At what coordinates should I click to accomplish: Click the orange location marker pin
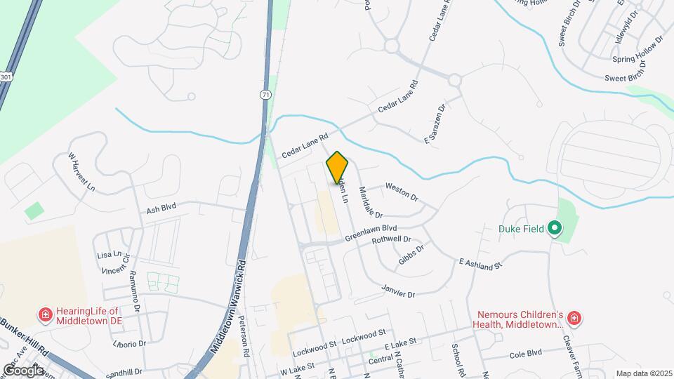(337, 167)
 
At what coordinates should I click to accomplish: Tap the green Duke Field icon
(554, 228)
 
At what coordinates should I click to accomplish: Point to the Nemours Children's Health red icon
(574, 319)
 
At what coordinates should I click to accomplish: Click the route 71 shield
(265, 94)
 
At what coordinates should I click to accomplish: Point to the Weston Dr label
(402, 192)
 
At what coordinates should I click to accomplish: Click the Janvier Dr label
(398, 290)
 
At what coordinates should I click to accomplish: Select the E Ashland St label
(481, 264)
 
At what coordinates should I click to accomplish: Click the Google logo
(22, 370)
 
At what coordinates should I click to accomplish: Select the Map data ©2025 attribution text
(643, 373)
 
